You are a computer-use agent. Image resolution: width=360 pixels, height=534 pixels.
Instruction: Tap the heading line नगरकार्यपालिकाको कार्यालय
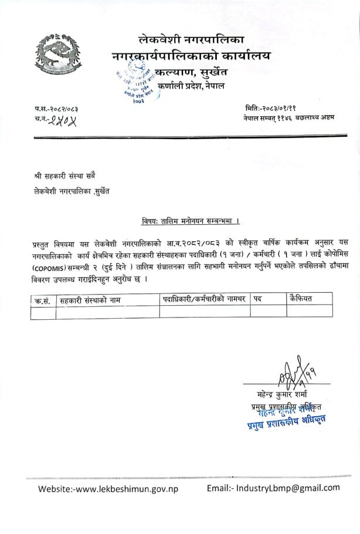(x=191, y=57)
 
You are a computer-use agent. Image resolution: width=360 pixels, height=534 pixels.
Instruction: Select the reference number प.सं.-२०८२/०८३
(x=56, y=109)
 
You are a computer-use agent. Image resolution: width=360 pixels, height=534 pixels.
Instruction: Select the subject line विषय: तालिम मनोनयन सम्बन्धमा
(x=191, y=222)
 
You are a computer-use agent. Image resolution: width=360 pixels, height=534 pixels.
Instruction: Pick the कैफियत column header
(x=301, y=299)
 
